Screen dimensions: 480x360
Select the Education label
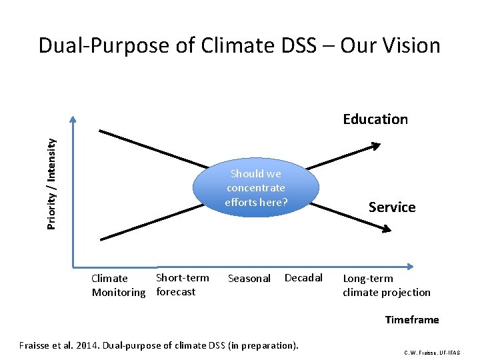(375, 119)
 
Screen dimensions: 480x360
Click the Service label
(392, 207)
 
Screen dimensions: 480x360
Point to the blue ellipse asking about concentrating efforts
(256, 187)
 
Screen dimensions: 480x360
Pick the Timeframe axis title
(412, 320)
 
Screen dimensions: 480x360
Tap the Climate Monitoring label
(118, 285)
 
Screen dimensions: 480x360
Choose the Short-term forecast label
(182, 285)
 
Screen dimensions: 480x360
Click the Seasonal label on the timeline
(249, 279)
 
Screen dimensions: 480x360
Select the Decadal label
(303, 278)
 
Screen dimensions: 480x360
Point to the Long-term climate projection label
(387, 285)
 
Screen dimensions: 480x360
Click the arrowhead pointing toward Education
(377, 146)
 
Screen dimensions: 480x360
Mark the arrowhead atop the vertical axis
(73, 122)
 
